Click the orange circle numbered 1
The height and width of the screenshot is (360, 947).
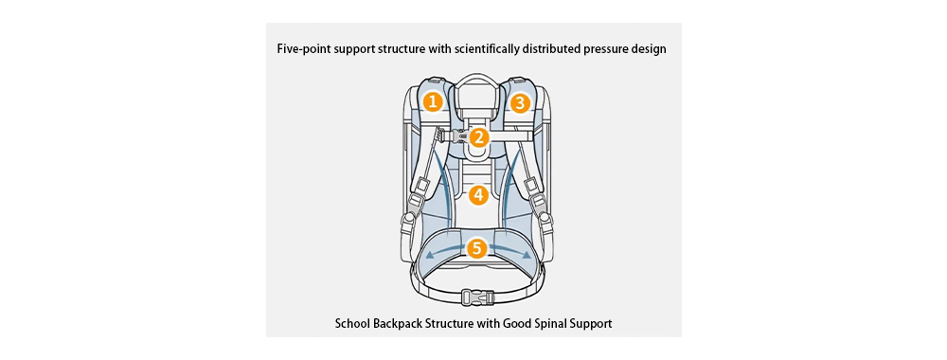pyautogui.click(x=433, y=100)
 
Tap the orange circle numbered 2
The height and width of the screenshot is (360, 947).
pyautogui.click(x=479, y=137)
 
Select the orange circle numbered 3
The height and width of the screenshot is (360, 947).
pyautogui.click(x=519, y=100)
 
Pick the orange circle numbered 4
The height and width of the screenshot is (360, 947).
pyautogui.click(x=477, y=195)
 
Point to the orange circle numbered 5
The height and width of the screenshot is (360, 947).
pyautogui.click(x=476, y=249)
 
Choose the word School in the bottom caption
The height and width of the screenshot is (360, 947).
pyautogui.click(x=353, y=324)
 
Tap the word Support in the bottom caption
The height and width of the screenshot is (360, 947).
pyautogui.click(x=591, y=324)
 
